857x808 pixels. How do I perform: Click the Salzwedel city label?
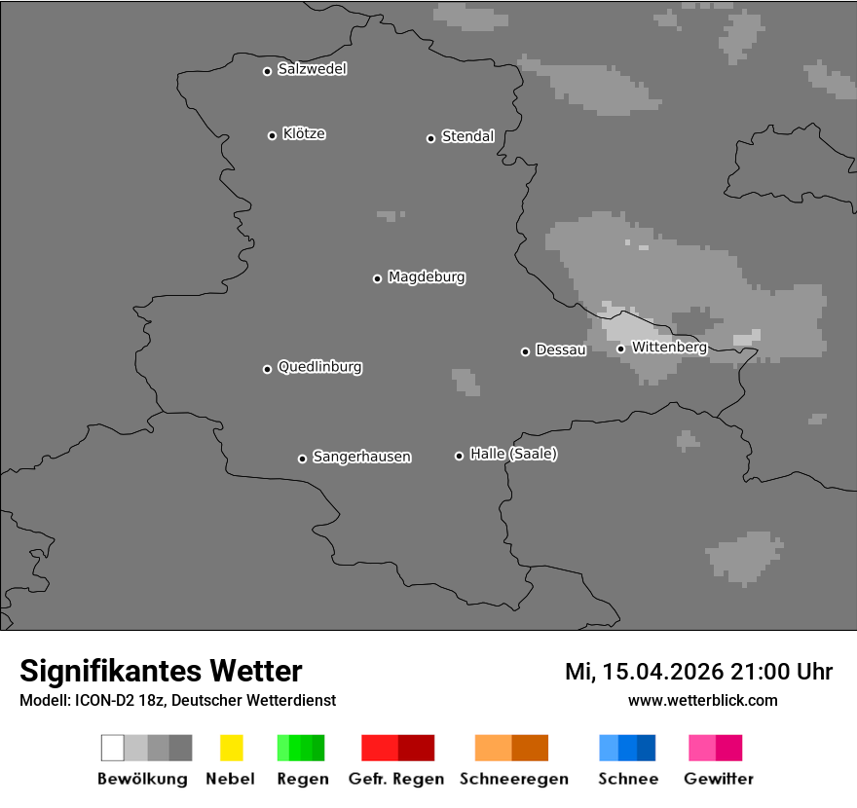pyautogui.click(x=312, y=69)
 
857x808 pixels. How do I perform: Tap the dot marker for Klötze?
pyautogui.click(x=272, y=135)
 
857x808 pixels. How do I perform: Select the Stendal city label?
pyautogui.click(x=467, y=136)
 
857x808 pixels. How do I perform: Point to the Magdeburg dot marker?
pyautogui.click(x=377, y=278)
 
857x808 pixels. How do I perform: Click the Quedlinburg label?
pyautogui.click(x=319, y=367)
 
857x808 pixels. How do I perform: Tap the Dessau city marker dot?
pyautogui.click(x=525, y=351)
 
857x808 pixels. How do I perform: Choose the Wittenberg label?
pyautogui.click(x=669, y=347)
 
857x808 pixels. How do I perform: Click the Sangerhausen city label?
pyautogui.click(x=361, y=457)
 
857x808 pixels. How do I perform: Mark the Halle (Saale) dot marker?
pyautogui.click(x=459, y=456)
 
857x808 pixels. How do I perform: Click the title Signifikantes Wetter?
pyautogui.click(x=161, y=671)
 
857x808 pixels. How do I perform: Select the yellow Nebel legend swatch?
pyautogui.click(x=231, y=748)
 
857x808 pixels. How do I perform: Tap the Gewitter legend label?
pyautogui.click(x=719, y=779)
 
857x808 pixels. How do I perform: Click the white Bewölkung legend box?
pyautogui.click(x=112, y=748)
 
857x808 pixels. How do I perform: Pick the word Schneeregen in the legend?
pyautogui.click(x=513, y=779)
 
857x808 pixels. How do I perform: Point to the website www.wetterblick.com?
pyautogui.click(x=702, y=700)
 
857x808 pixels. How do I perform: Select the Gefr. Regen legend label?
pyautogui.click(x=396, y=779)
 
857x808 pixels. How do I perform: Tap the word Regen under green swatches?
pyautogui.click(x=302, y=779)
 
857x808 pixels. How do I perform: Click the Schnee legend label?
pyautogui.click(x=627, y=779)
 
